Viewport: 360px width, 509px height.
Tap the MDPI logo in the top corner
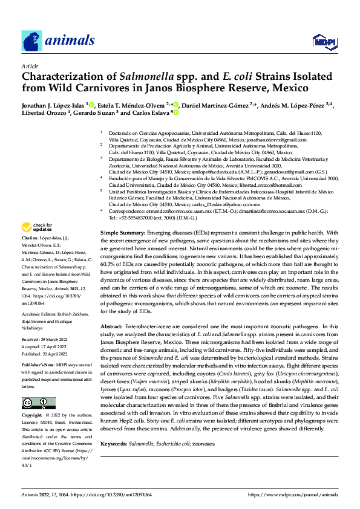point(322,41)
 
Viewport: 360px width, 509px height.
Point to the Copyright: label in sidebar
point(34,416)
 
